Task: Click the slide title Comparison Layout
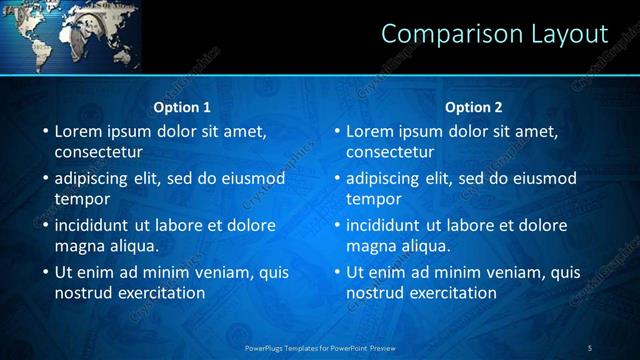point(494,33)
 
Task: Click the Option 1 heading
point(182,107)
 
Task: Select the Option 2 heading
point(473,107)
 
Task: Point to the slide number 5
point(590,347)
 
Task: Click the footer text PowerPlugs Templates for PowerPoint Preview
point(319,347)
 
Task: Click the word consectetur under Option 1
point(98,152)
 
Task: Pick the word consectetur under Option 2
point(390,152)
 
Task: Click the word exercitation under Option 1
point(161,293)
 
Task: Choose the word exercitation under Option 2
point(453,293)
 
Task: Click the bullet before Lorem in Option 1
point(44,131)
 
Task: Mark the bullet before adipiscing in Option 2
point(336,178)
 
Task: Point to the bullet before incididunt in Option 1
point(44,225)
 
